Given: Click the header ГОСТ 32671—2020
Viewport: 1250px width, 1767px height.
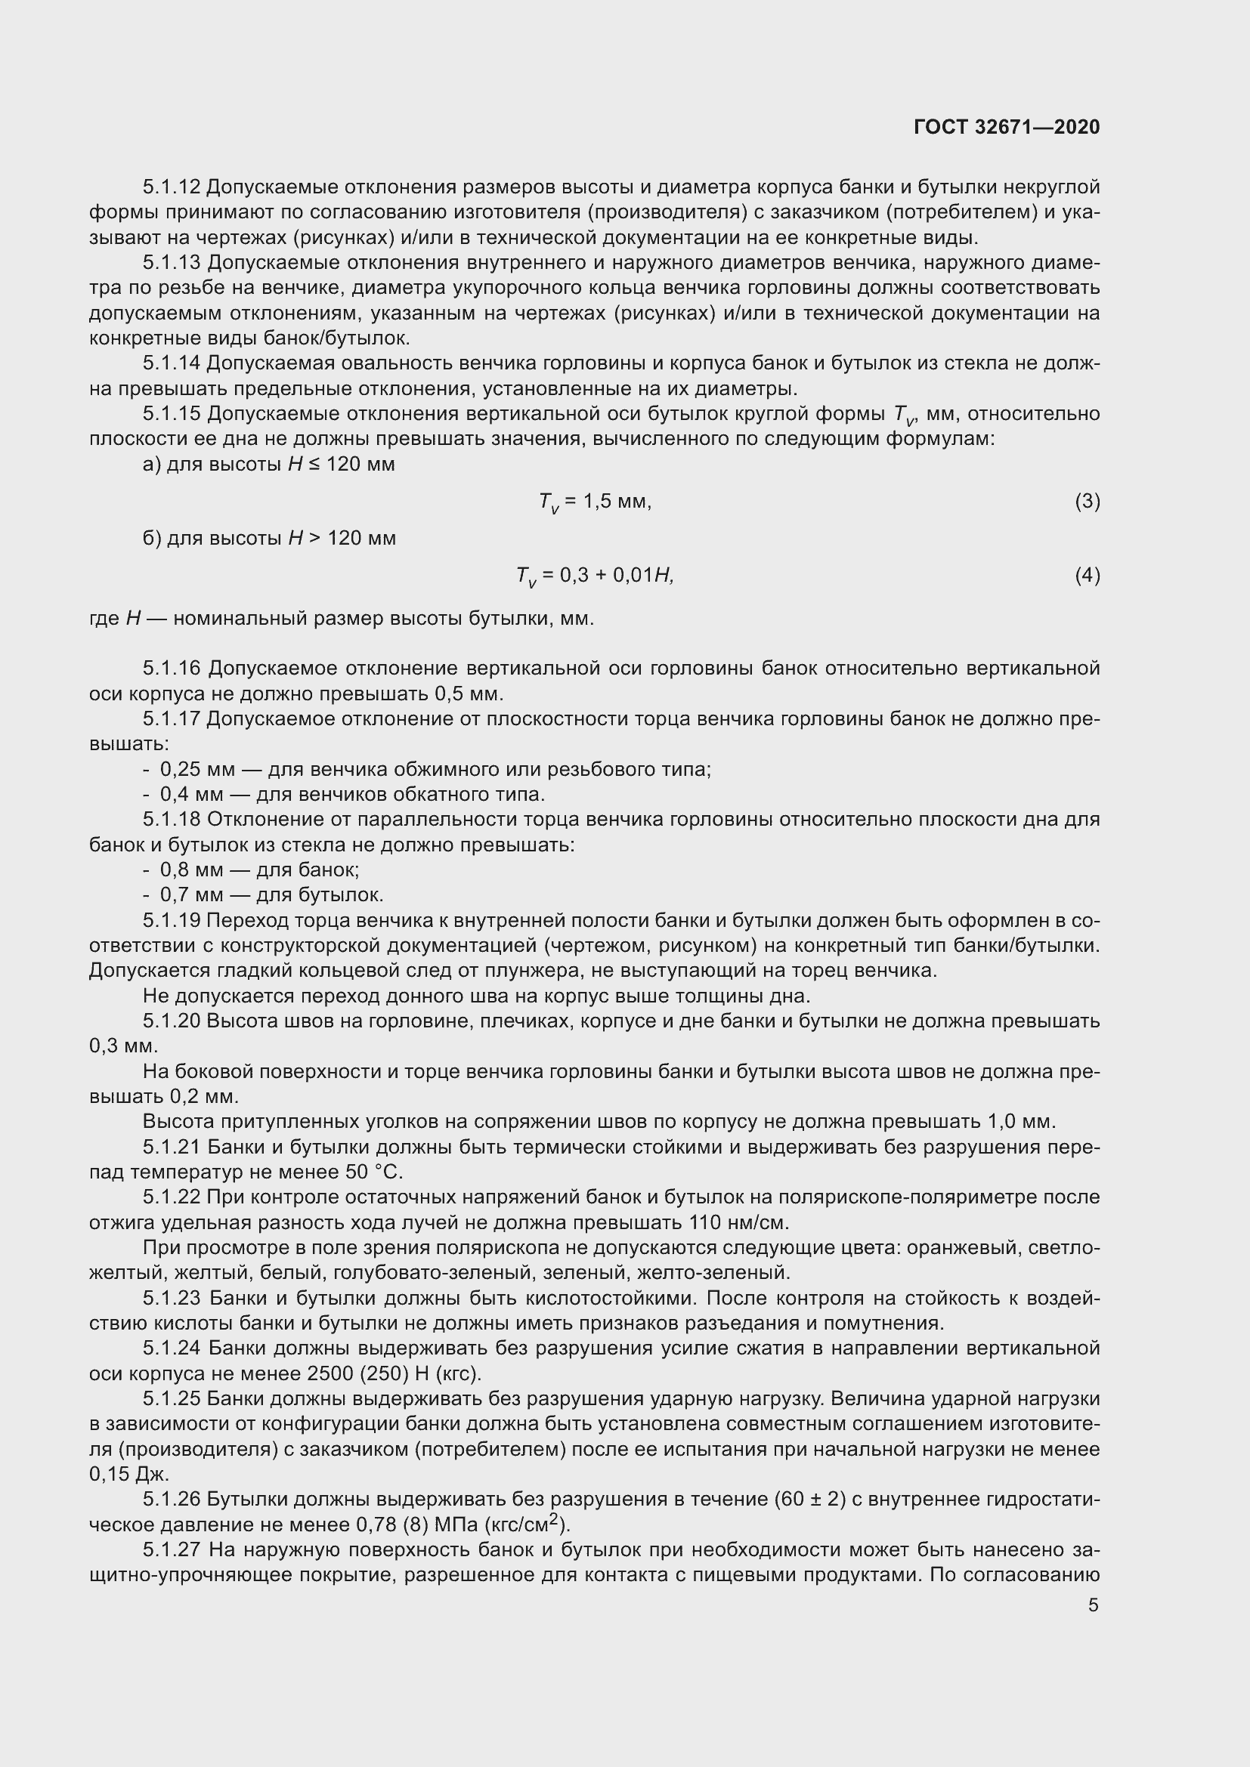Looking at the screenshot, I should [x=1006, y=127].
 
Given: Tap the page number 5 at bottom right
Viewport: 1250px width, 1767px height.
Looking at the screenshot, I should [x=1094, y=1605].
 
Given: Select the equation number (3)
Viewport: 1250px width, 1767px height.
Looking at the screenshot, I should [x=1087, y=502].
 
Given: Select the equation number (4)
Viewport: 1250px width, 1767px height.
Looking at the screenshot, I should [x=1087, y=575].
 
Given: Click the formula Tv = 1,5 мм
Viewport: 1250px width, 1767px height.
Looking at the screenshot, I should [x=595, y=502].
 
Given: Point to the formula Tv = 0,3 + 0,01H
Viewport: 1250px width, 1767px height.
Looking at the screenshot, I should [x=595, y=576].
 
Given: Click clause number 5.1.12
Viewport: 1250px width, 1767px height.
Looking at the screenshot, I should [x=171, y=187].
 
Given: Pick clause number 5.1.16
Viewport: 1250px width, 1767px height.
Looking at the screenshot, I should [x=171, y=668].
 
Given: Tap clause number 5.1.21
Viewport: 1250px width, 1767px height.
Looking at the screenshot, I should [x=171, y=1147].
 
